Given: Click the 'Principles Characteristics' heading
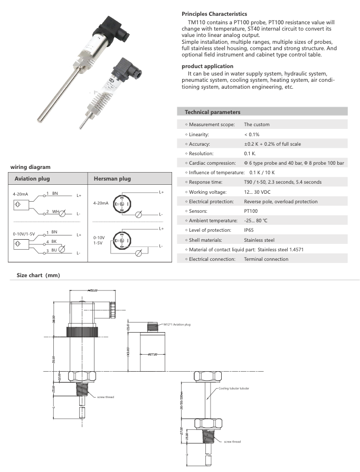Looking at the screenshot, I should click(214, 14).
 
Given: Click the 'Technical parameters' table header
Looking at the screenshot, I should click(212, 112).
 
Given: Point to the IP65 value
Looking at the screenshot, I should click(249, 230).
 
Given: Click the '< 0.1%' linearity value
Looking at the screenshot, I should click(252, 134).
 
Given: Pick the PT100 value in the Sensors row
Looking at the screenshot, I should click(251, 211).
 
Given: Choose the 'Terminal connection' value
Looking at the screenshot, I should click(266, 259).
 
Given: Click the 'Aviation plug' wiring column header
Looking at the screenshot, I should click(33, 179).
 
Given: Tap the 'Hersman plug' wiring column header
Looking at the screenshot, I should click(112, 179).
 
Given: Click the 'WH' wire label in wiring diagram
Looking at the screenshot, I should click(55, 212).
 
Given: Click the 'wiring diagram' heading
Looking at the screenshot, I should click(30, 167).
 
